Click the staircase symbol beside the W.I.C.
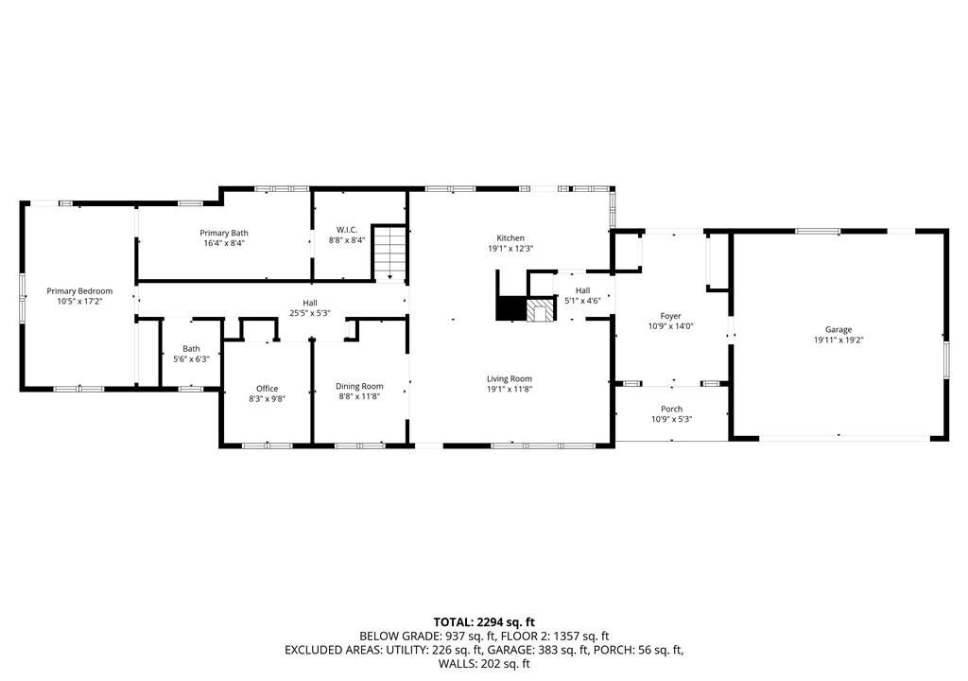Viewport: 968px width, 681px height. (x=390, y=253)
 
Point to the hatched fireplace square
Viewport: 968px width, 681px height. (x=540, y=310)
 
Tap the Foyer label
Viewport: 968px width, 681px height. (x=670, y=316)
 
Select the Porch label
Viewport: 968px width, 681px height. (x=672, y=409)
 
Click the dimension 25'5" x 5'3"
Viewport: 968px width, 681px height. (x=310, y=313)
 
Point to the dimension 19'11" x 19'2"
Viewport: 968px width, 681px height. (x=838, y=340)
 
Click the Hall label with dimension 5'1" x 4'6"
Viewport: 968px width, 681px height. (x=582, y=290)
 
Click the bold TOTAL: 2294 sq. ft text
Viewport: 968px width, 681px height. (x=484, y=622)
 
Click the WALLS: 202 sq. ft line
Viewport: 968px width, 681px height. (x=484, y=664)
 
